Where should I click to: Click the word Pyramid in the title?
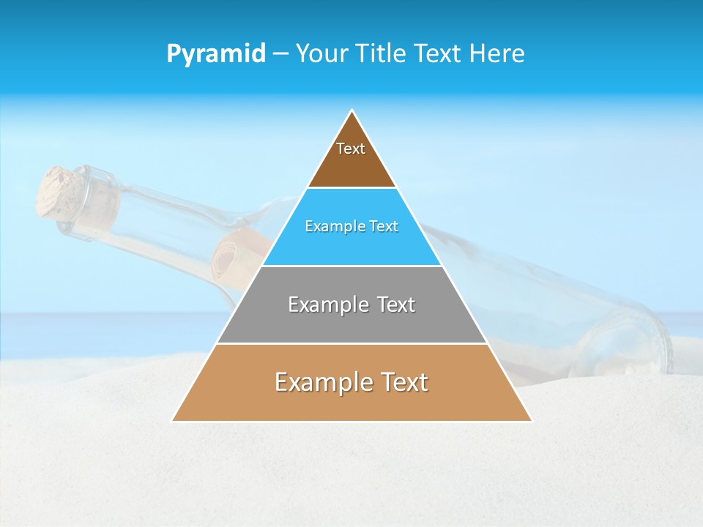click(216, 54)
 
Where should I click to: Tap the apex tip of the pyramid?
click(352, 111)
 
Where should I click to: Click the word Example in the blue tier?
click(328, 227)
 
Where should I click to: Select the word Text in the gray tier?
click(393, 304)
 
